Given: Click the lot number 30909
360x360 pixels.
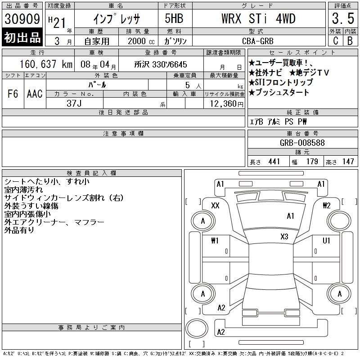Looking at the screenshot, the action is (22, 18).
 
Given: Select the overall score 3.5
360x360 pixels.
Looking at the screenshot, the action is (343, 18).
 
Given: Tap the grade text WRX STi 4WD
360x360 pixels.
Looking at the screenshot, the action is (258, 18).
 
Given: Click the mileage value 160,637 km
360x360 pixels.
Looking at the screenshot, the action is (46, 64).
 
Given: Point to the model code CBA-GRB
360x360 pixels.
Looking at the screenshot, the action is (258, 41).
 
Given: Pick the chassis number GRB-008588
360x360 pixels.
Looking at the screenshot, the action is (302, 143).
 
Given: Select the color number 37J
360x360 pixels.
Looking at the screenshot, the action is (74, 103).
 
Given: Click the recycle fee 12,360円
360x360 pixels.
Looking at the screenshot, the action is (226, 104).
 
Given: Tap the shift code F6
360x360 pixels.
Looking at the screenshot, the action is (13, 94).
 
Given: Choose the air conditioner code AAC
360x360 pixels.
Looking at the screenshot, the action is (35, 94).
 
